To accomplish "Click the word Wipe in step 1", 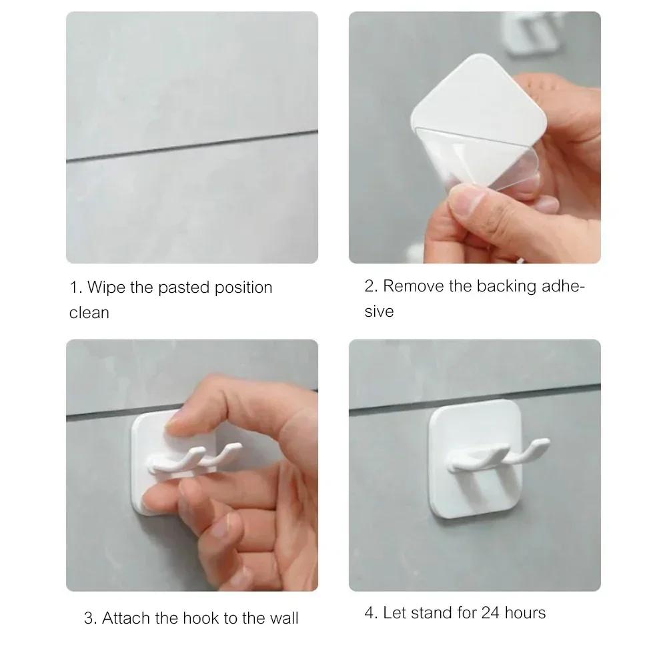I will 105,287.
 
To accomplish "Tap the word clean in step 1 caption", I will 89,313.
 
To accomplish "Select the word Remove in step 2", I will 412,286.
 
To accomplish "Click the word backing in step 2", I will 508,286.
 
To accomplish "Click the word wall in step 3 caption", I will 283,618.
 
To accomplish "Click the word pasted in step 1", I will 187,287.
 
